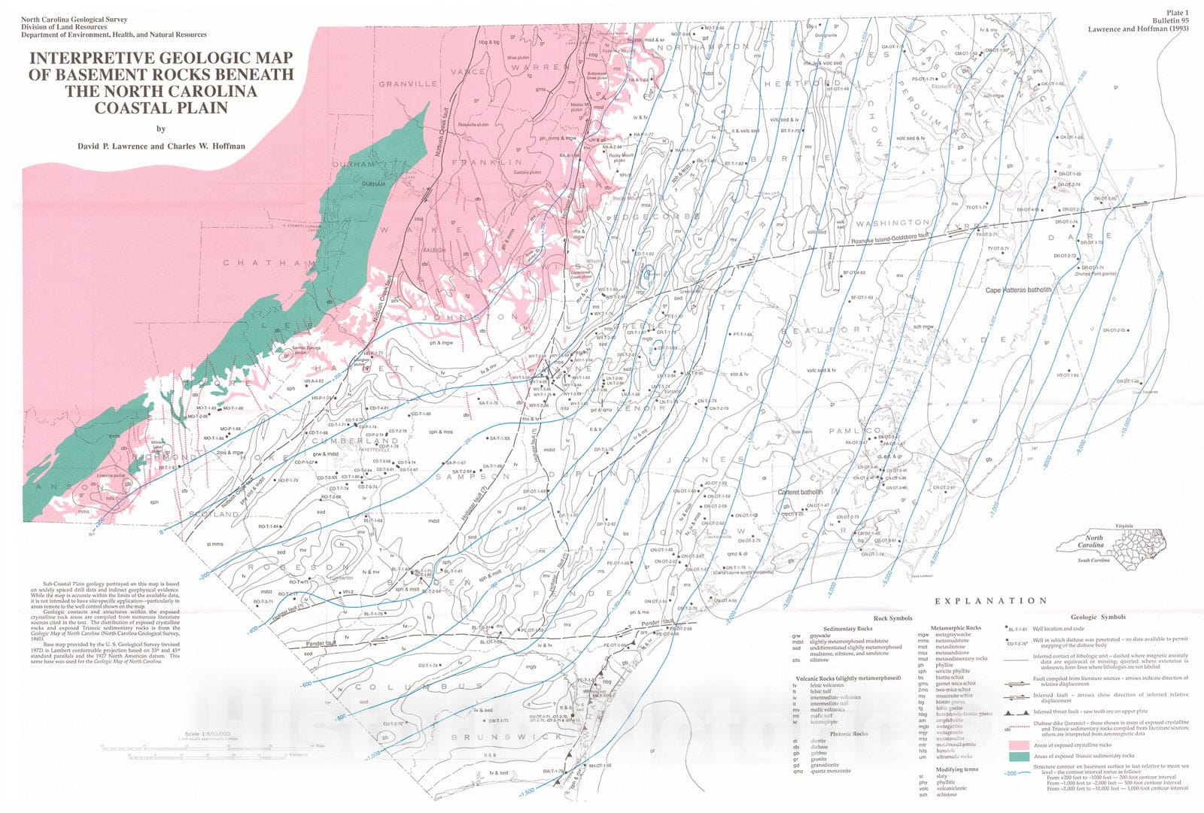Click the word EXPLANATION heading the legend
[990, 601]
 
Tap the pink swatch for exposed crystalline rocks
[1018, 745]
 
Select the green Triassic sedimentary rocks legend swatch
[1018, 756]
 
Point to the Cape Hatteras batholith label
[1018, 290]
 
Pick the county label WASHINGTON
[892, 223]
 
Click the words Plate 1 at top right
[1177, 13]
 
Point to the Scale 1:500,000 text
[207, 733]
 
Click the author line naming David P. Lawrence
[161, 146]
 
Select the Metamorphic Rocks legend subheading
[956, 628]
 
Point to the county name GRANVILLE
[408, 84]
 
